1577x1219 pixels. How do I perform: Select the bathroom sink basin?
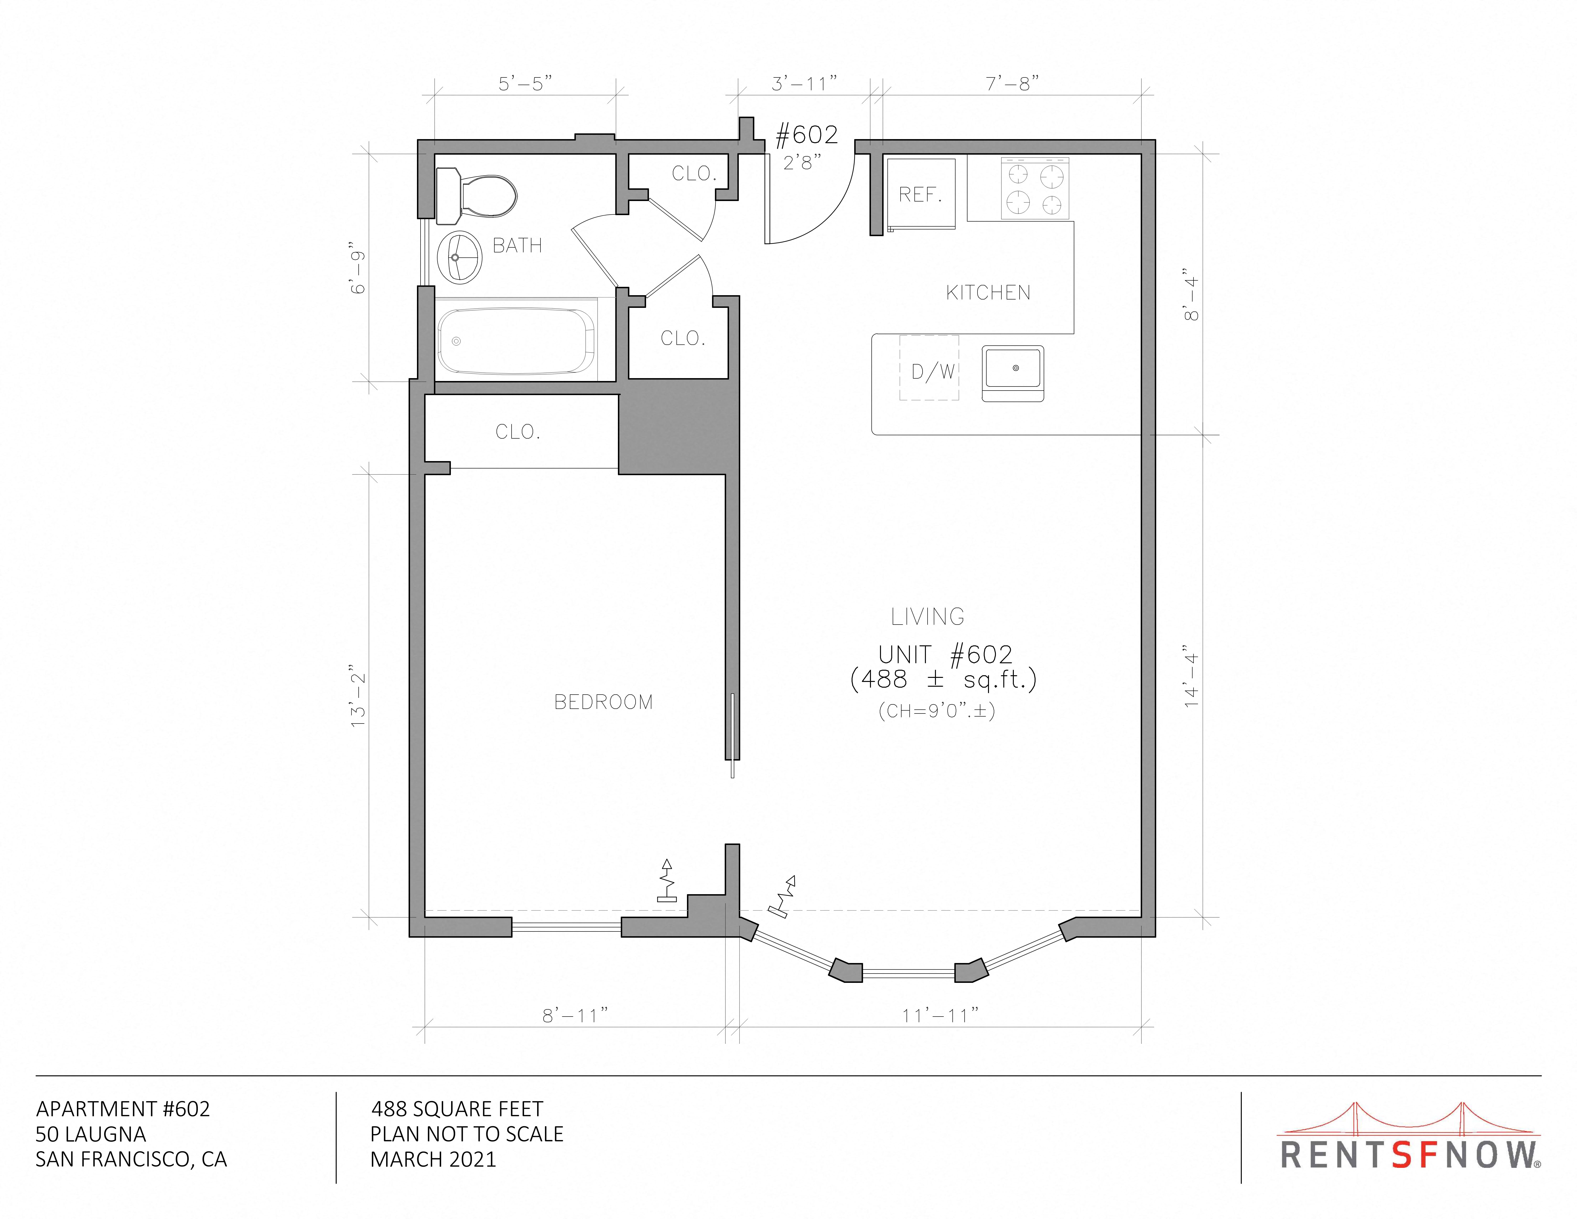[x=460, y=257]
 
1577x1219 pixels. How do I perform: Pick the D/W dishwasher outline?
[x=929, y=368]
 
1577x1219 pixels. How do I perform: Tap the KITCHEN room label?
[x=988, y=293]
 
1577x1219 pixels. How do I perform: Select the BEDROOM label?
[x=604, y=702]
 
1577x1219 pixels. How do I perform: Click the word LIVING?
[x=928, y=617]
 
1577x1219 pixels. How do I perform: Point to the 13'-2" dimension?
[x=359, y=696]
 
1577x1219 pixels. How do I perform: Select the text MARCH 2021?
[x=433, y=1160]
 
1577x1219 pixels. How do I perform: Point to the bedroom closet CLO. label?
[x=518, y=432]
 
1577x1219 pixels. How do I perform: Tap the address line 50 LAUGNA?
[x=91, y=1135]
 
